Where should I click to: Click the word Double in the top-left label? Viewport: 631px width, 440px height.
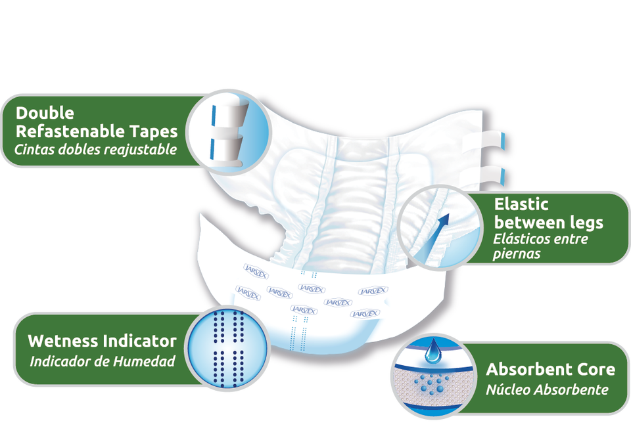(45, 113)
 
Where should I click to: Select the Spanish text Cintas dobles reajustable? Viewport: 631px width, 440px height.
(96, 149)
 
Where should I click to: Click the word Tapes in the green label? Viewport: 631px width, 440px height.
(152, 131)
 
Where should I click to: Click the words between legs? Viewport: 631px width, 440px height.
(549, 222)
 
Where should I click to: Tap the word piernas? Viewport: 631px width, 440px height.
(517, 253)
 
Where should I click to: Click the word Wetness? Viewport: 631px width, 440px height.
(63, 341)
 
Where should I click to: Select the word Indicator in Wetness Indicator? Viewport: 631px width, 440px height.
(140, 341)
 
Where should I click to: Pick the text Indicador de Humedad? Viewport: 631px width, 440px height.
(103, 361)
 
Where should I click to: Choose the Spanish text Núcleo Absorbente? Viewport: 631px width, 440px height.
(547, 389)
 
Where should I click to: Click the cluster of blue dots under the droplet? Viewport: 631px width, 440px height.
(431, 385)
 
